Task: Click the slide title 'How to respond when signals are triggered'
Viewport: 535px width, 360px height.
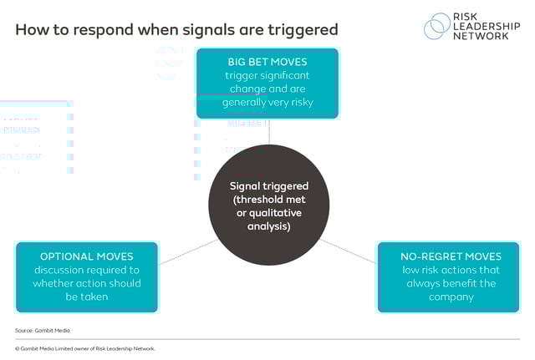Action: point(176,30)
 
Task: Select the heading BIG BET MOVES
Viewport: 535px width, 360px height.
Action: point(267,62)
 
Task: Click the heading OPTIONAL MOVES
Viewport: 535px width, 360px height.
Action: point(86,256)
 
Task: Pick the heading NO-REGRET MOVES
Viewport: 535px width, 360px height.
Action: point(451,256)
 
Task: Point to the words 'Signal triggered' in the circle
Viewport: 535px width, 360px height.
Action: point(268,185)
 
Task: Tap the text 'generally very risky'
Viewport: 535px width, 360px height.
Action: point(267,103)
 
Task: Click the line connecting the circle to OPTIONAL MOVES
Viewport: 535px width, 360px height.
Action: point(188,251)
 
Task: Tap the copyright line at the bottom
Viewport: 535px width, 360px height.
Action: point(85,348)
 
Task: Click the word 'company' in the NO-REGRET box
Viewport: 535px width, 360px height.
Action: point(451,297)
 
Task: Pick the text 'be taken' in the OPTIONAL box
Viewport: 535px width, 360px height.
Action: point(86,297)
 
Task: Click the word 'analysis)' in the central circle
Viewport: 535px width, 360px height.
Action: point(268,226)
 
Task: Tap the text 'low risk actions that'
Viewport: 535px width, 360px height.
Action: point(451,270)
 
